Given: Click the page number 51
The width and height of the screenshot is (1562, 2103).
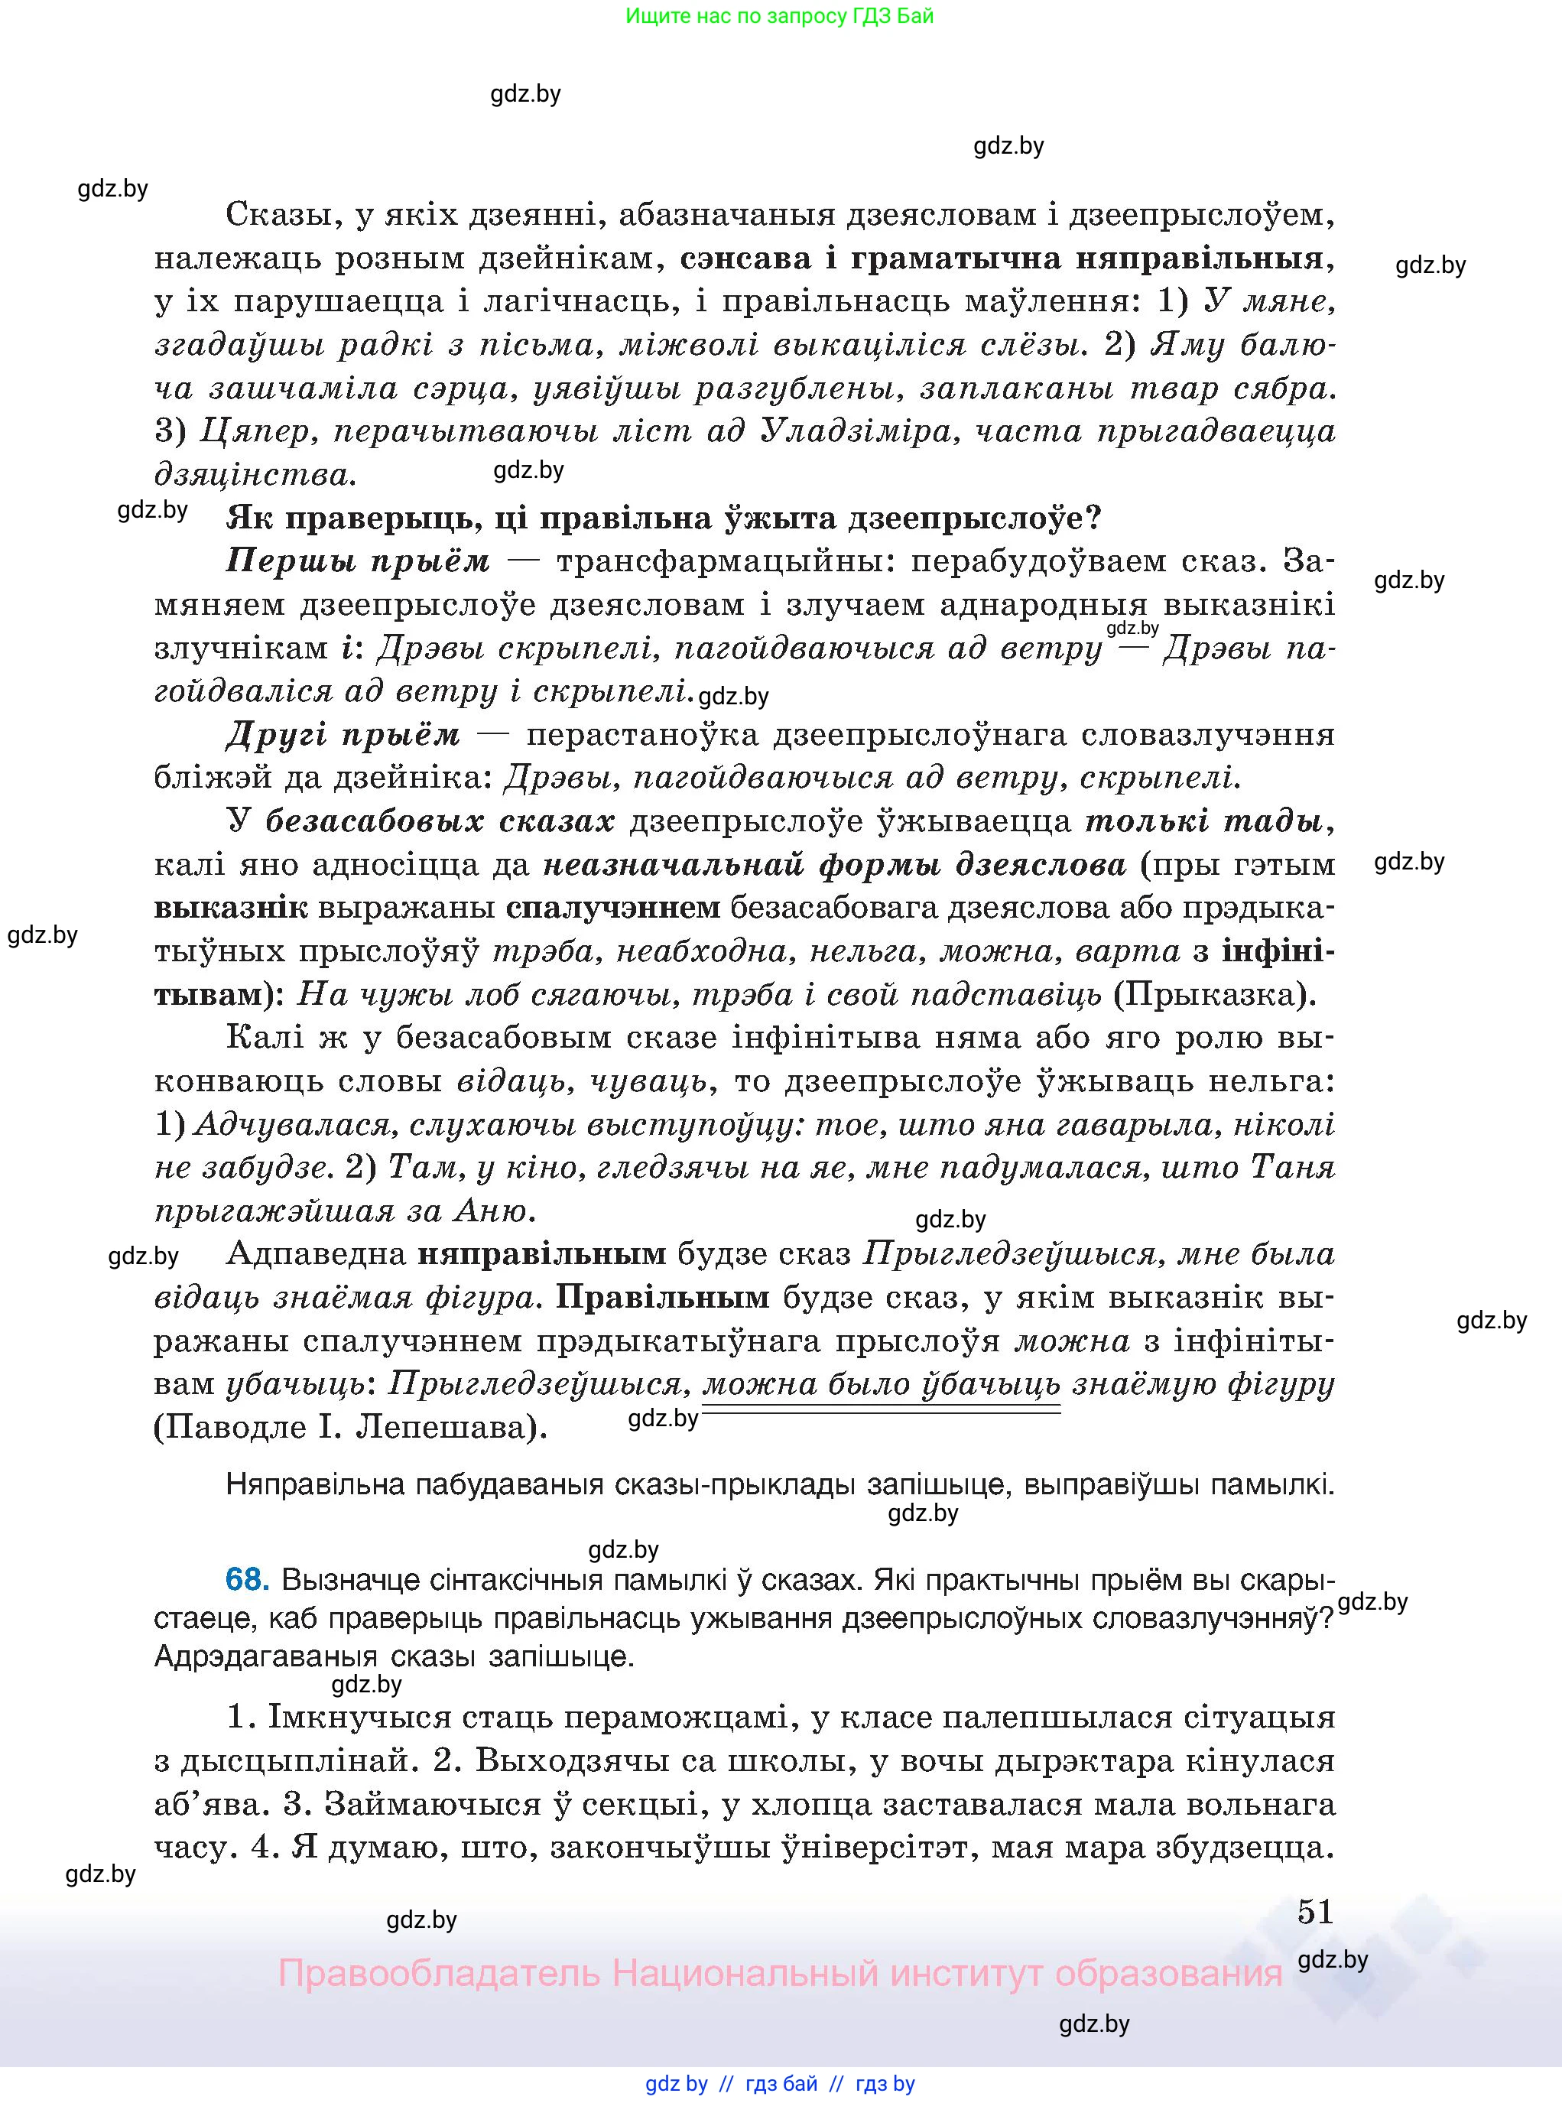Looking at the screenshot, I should coord(1314,1911).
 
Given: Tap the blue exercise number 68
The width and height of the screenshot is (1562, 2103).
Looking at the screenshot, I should coord(247,1579).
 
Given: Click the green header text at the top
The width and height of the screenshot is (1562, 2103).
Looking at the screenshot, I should coord(779,16).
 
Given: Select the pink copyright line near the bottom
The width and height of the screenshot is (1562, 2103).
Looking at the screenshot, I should coord(779,1974).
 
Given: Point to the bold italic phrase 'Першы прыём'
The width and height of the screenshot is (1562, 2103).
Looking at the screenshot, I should coord(357,561).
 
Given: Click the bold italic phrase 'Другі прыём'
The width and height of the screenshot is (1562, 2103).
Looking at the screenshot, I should coord(343,734).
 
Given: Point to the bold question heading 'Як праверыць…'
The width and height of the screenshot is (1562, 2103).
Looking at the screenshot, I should coord(664,518).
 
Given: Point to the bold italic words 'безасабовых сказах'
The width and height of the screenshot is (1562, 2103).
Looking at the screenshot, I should coord(440,821).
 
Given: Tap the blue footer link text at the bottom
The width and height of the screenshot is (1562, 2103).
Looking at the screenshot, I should coord(779,2083).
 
